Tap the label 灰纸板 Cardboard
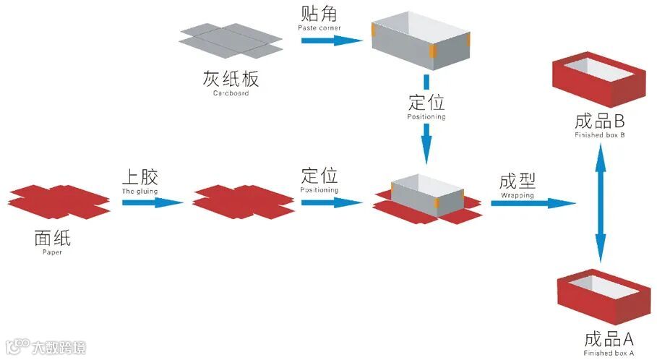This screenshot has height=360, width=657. click(x=231, y=80)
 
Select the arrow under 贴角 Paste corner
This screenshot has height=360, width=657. click(x=330, y=39)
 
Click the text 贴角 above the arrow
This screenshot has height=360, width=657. click(x=319, y=14)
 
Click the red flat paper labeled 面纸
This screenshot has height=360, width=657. click(x=59, y=200)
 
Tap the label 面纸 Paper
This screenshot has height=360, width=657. click(x=52, y=238)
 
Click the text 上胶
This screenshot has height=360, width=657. click(x=140, y=176)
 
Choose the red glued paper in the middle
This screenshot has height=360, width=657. click(x=242, y=202)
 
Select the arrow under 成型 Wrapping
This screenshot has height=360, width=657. click(x=532, y=203)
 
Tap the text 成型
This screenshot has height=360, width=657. click(x=518, y=181)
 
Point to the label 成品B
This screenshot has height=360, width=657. click(x=599, y=121)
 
